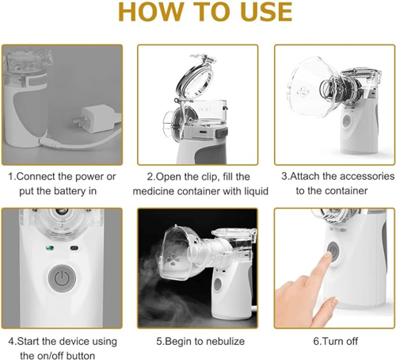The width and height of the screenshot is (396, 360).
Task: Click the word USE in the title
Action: point(266,12)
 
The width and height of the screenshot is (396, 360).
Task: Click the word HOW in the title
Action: point(150,12)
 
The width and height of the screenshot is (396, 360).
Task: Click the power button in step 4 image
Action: point(62,278)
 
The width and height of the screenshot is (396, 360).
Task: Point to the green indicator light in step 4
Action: point(50,248)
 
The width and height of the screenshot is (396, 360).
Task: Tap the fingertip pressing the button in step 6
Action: point(329,256)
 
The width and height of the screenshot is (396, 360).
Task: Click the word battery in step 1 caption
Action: point(70,191)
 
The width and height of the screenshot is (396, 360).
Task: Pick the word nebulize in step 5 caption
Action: point(225,341)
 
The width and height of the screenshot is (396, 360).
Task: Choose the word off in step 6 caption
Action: point(351,341)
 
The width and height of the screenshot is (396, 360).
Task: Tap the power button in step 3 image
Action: point(347,121)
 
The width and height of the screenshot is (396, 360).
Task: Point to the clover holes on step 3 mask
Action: point(303,92)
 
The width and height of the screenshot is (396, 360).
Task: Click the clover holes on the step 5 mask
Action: point(173,259)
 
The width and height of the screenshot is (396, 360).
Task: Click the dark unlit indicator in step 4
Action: point(74,248)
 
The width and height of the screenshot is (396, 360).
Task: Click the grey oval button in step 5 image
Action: point(218,285)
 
